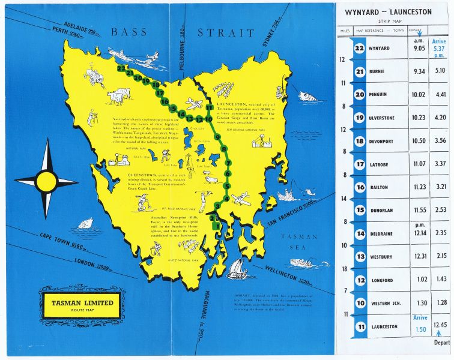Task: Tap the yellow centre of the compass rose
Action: click(46, 179)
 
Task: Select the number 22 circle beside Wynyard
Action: click(360, 49)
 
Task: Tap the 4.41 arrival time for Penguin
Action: click(441, 94)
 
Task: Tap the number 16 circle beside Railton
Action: click(360, 187)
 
